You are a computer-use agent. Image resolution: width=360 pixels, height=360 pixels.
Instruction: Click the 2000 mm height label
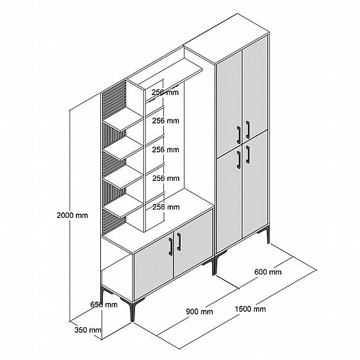(72, 215)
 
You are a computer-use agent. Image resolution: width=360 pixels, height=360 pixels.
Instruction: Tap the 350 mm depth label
(87, 330)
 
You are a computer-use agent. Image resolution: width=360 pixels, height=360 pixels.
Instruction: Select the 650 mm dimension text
(104, 305)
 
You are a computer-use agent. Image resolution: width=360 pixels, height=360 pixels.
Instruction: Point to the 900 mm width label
(199, 312)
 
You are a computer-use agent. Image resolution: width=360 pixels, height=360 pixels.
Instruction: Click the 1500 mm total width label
(250, 309)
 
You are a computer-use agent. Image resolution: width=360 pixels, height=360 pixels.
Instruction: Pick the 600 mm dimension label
(268, 272)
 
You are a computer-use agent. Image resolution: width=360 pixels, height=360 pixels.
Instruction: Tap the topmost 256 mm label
(165, 93)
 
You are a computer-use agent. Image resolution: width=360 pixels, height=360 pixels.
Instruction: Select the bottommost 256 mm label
(166, 207)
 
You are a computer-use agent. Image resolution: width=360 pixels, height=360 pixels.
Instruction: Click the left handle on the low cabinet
(170, 247)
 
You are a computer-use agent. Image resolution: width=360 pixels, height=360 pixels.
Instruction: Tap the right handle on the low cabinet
(179, 242)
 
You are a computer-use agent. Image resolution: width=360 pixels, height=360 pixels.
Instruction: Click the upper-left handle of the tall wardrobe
(239, 135)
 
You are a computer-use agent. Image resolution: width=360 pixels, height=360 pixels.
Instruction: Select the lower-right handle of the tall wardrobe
(248, 154)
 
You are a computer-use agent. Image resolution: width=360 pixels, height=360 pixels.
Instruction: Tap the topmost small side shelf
(123, 120)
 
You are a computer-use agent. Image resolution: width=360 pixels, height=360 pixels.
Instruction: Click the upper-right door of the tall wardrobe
(255, 89)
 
